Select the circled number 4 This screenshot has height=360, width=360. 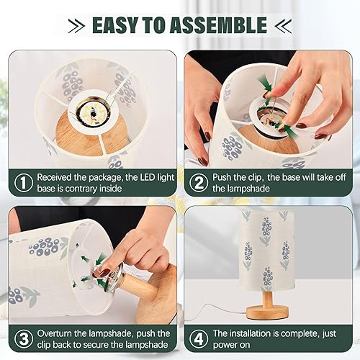point(197,340)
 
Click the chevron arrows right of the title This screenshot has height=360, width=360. point(282,26)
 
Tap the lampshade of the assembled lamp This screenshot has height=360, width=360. point(266,248)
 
